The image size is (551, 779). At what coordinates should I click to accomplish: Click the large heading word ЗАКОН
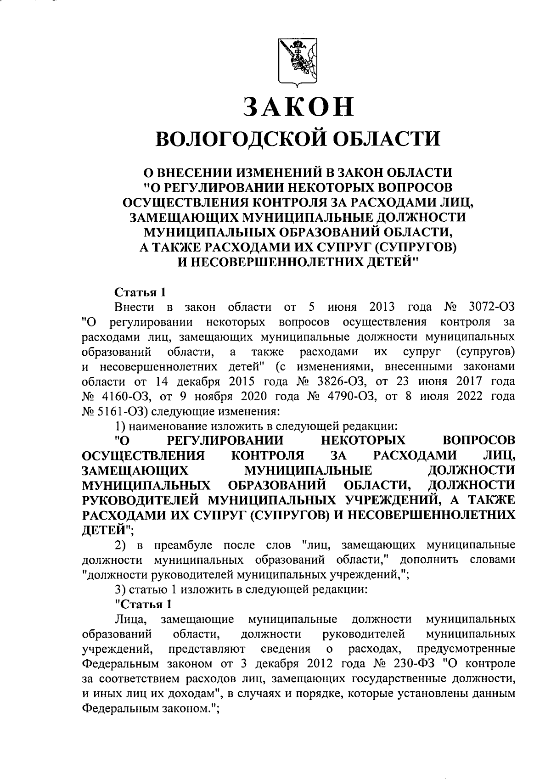[298, 107]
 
